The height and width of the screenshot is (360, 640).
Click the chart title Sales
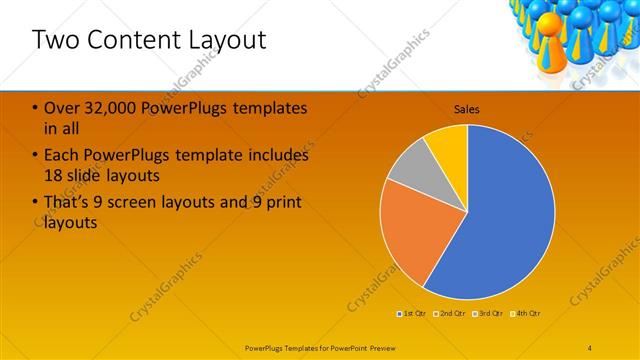pyautogui.click(x=467, y=108)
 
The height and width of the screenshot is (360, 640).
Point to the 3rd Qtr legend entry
pyautogui.click(x=490, y=314)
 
